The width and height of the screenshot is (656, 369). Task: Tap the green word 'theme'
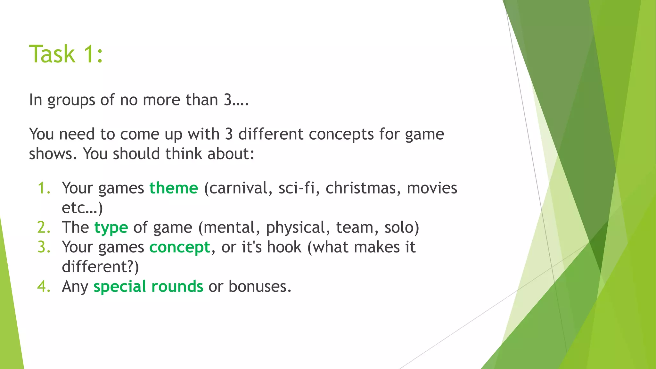[174, 188]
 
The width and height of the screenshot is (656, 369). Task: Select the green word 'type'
[111, 228]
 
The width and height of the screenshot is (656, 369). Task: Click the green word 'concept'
[180, 247]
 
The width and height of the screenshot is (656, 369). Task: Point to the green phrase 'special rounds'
[148, 286]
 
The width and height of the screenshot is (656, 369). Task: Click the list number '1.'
[44, 188]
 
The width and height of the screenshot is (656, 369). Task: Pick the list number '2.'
[44, 227]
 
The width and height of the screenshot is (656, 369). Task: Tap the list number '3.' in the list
[44, 247]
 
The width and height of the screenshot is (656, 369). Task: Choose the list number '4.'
[44, 286]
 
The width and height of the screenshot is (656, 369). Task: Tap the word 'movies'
[432, 188]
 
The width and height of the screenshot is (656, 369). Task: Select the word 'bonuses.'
[260, 286]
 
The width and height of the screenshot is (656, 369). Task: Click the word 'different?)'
[100, 267]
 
